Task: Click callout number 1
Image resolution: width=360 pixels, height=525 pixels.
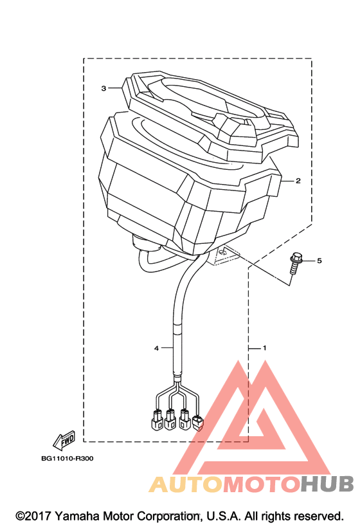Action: pyautogui.click(x=264, y=348)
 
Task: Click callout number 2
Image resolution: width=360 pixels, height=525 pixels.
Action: pyautogui.click(x=298, y=181)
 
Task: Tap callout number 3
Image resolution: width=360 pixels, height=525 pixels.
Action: pyautogui.click(x=104, y=88)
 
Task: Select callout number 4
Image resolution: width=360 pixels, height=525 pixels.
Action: pyautogui.click(x=156, y=348)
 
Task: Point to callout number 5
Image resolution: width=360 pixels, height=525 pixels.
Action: pyautogui.click(x=319, y=260)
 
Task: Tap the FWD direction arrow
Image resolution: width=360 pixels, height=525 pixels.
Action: pyautogui.click(x=64, y=440)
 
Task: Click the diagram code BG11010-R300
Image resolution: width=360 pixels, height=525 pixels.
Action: pyautogui.click(x=67, y=458)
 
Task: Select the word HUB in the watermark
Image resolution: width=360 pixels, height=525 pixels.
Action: pyautogui.click(x=326, y=484)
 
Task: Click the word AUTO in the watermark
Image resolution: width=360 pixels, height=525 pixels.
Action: pyautogui.click(x=186, y=484)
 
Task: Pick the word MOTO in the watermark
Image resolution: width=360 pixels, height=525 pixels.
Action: pyautogui.click(x=261, y=484)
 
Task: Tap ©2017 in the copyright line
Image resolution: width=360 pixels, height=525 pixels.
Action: pyautogui.click(x=33, y=516)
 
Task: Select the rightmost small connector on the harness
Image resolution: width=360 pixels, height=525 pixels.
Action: pyautogui.click(x=198, y=423)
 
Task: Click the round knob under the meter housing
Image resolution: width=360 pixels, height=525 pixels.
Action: pyautogui.click(x=145, y=243)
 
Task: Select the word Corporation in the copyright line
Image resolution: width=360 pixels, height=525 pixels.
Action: pyautogui.click(x=168, y=516)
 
